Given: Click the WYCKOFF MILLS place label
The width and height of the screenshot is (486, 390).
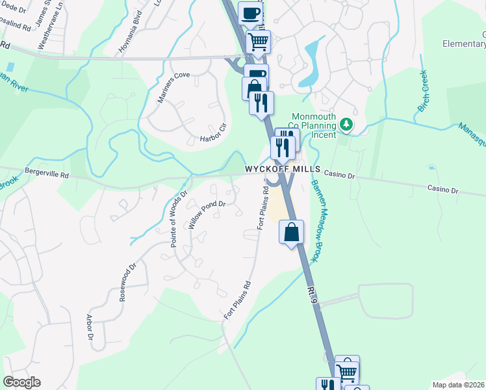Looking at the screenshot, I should (x=283, y=169).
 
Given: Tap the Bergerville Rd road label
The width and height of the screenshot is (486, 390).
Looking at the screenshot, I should (x=46, y=174).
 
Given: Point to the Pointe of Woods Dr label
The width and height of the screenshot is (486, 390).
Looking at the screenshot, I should (x=179, y=218).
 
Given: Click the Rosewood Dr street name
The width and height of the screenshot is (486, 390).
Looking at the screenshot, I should (x=127, y=281).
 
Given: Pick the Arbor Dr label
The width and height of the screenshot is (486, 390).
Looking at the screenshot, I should (x=90, y=327).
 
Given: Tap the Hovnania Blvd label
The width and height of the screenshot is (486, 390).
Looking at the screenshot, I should (x=129, y=35).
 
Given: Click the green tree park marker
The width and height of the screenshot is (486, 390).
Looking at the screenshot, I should (x=347, y=123).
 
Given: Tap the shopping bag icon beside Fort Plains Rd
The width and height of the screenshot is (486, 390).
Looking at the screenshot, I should (x=292, y=232).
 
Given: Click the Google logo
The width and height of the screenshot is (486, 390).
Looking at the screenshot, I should (x=22, y=382).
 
